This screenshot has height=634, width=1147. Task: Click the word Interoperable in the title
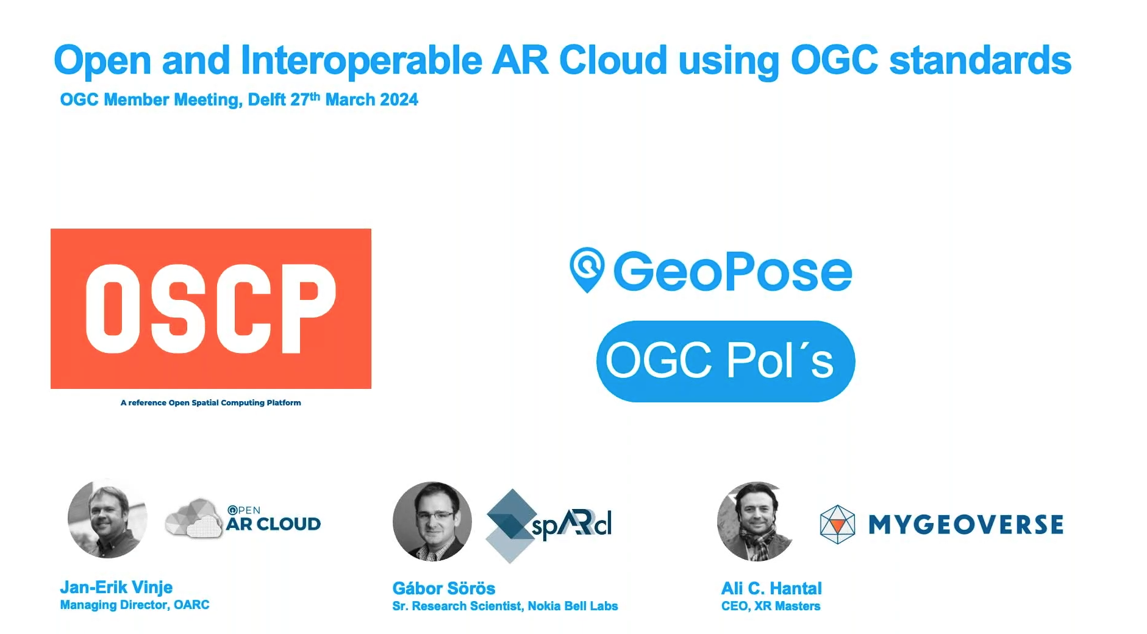(362, 61)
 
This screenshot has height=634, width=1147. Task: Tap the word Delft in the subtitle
(266, 100)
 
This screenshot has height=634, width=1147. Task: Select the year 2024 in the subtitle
(399, 100)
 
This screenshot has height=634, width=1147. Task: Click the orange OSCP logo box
(211, 308)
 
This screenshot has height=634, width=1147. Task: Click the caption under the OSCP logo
(211, 402)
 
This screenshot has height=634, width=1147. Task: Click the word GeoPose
(732, 271)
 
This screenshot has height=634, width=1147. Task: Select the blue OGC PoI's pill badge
(726, 361)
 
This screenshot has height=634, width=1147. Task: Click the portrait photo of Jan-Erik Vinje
(108, 519)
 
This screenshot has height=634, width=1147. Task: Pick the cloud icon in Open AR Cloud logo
(194, 519)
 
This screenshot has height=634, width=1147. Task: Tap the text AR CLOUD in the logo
(273, 524)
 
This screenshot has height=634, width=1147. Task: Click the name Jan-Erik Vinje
(116, 587)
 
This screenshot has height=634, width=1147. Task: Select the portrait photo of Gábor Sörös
(432, 521)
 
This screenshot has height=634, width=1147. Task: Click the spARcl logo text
(571, 525)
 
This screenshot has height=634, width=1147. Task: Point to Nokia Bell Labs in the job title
(573, 606)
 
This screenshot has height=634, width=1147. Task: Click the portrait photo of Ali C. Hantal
(757, 521)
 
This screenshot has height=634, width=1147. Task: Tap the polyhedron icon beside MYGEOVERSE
(838, 524)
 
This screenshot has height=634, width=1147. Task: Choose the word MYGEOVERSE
(966, 524)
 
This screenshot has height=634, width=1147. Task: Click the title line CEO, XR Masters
(771, 606)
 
